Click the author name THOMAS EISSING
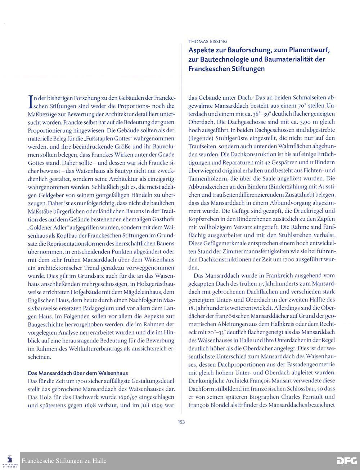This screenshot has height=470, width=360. [208, 41]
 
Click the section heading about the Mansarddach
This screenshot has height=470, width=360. [78, 373]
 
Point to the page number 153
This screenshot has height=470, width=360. [181, 422]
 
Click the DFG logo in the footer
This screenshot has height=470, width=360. [347, 461]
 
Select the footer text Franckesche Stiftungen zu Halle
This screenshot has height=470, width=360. [64, 461]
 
